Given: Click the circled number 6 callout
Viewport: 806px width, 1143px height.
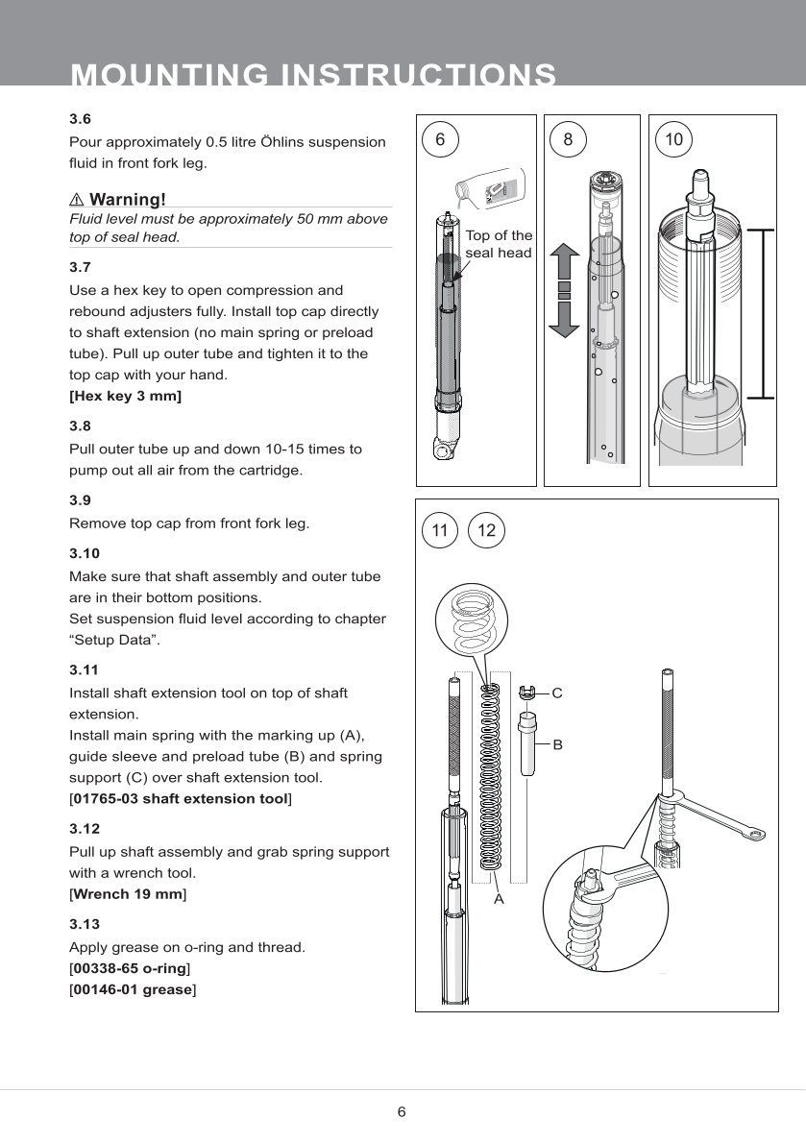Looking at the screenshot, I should click(440, 140).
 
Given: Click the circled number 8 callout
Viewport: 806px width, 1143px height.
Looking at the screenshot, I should click(568, 140).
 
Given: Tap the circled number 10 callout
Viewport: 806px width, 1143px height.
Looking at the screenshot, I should click(673, 140).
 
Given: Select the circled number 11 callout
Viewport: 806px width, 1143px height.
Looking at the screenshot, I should click(440, 530).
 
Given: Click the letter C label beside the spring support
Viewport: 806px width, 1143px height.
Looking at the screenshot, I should click(556, 693).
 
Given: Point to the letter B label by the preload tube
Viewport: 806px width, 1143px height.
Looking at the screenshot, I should click(556, 744).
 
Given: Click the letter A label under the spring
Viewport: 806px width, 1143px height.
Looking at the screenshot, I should click(499, 900).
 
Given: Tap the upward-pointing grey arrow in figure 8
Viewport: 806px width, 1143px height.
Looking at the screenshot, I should click(565, 263).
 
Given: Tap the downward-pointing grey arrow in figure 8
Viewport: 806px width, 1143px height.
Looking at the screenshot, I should click(565, 318).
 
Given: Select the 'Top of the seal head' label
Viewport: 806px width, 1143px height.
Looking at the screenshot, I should click(499, 244).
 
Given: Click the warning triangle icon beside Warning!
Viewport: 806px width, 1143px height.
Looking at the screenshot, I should click(77, 200).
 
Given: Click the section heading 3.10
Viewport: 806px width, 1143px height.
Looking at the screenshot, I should click(85, 553).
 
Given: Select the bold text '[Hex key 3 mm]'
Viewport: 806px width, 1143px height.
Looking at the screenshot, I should click(125, 396).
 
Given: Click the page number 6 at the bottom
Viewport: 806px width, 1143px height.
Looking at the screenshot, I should click(403, 1112).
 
